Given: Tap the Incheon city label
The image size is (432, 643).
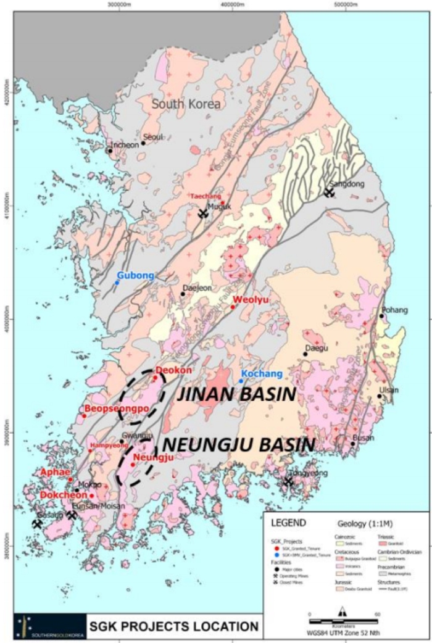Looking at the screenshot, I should pos(125,145).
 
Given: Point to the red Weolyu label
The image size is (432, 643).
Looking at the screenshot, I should pos(247,299).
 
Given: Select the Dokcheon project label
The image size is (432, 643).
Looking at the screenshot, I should pos(64,495).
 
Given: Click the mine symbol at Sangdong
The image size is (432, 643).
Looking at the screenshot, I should pos(330,193).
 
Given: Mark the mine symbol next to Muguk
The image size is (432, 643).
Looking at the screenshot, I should pos(203,214).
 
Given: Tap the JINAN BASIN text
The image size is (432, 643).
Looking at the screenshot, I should pos(234,394).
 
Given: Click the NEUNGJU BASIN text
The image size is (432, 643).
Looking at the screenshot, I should pos(239,444).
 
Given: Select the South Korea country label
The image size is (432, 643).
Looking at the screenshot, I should pos(186,104).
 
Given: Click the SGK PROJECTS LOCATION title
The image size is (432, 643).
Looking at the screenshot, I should pos(175,627).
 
